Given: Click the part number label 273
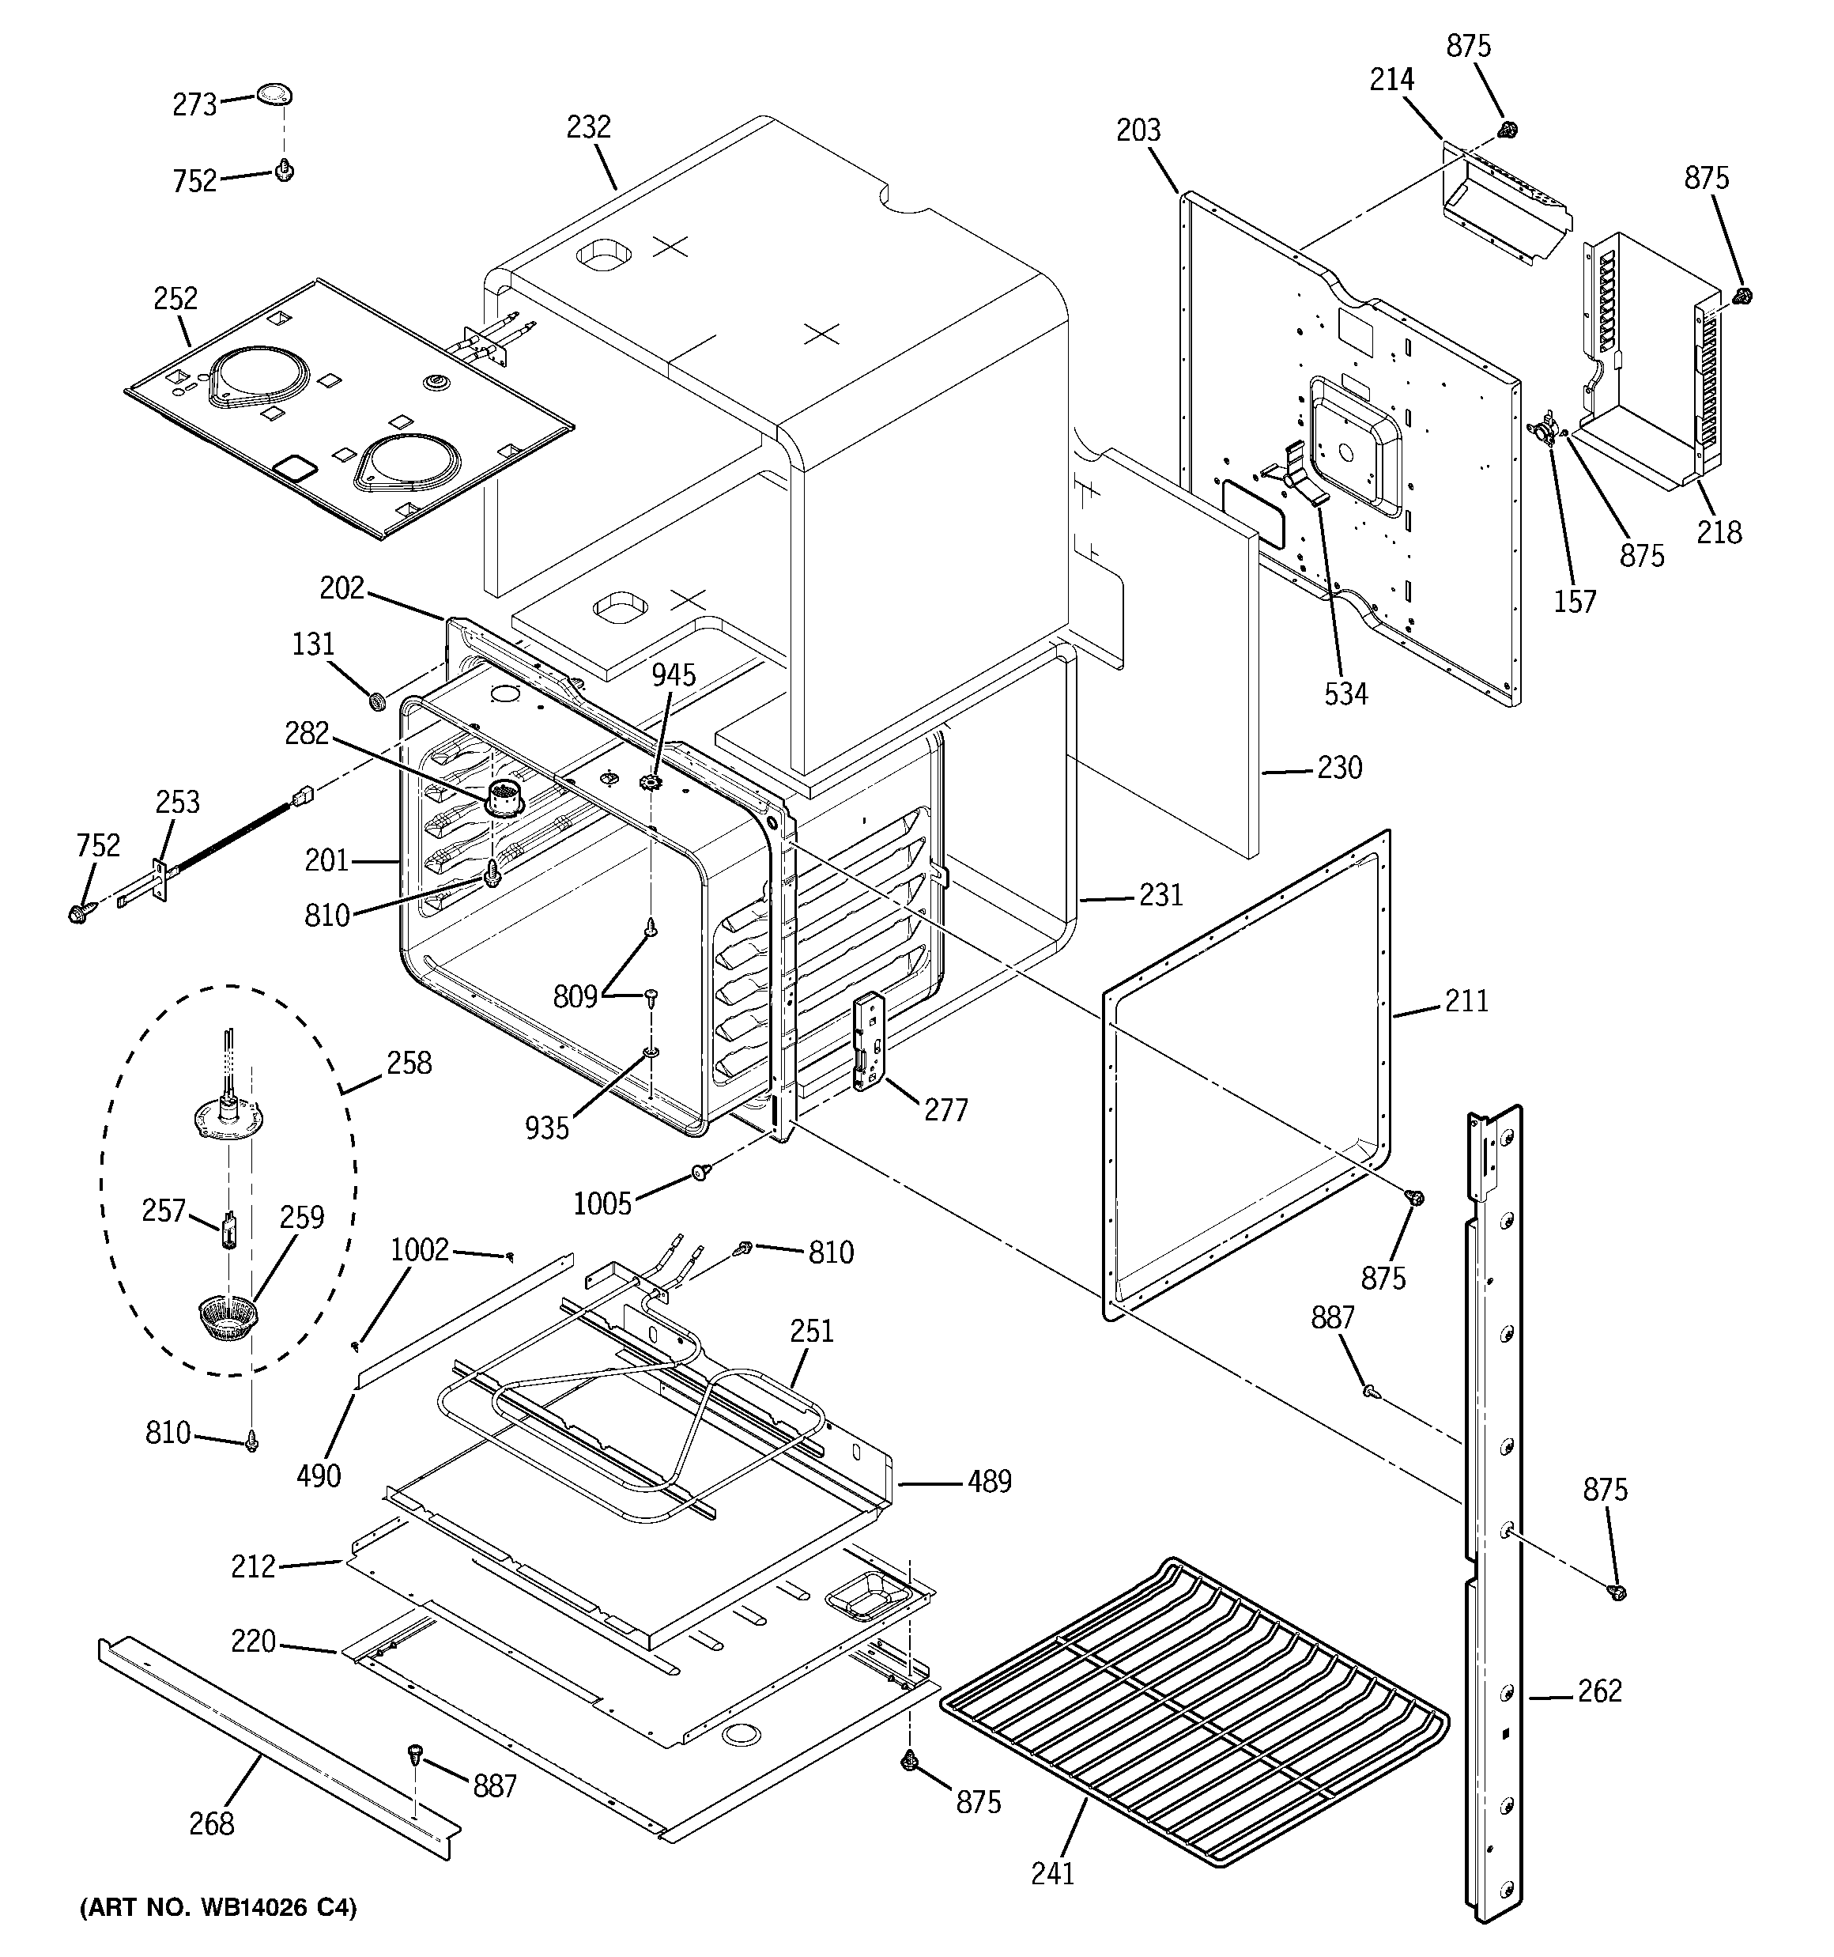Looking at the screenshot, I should click(x=194, y=104).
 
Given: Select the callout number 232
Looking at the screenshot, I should click(x=589, y=127).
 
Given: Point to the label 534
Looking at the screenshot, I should click(x=1345, y=694).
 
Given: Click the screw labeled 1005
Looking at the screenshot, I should click(x=701, y=1172).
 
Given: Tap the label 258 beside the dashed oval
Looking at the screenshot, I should click(x=409, y=1064).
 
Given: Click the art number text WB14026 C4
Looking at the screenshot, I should click(x=217, y=1908).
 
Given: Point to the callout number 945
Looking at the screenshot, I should click(x=674, y=675).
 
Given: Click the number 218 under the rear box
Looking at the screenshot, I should click(x=1719, y=533).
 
